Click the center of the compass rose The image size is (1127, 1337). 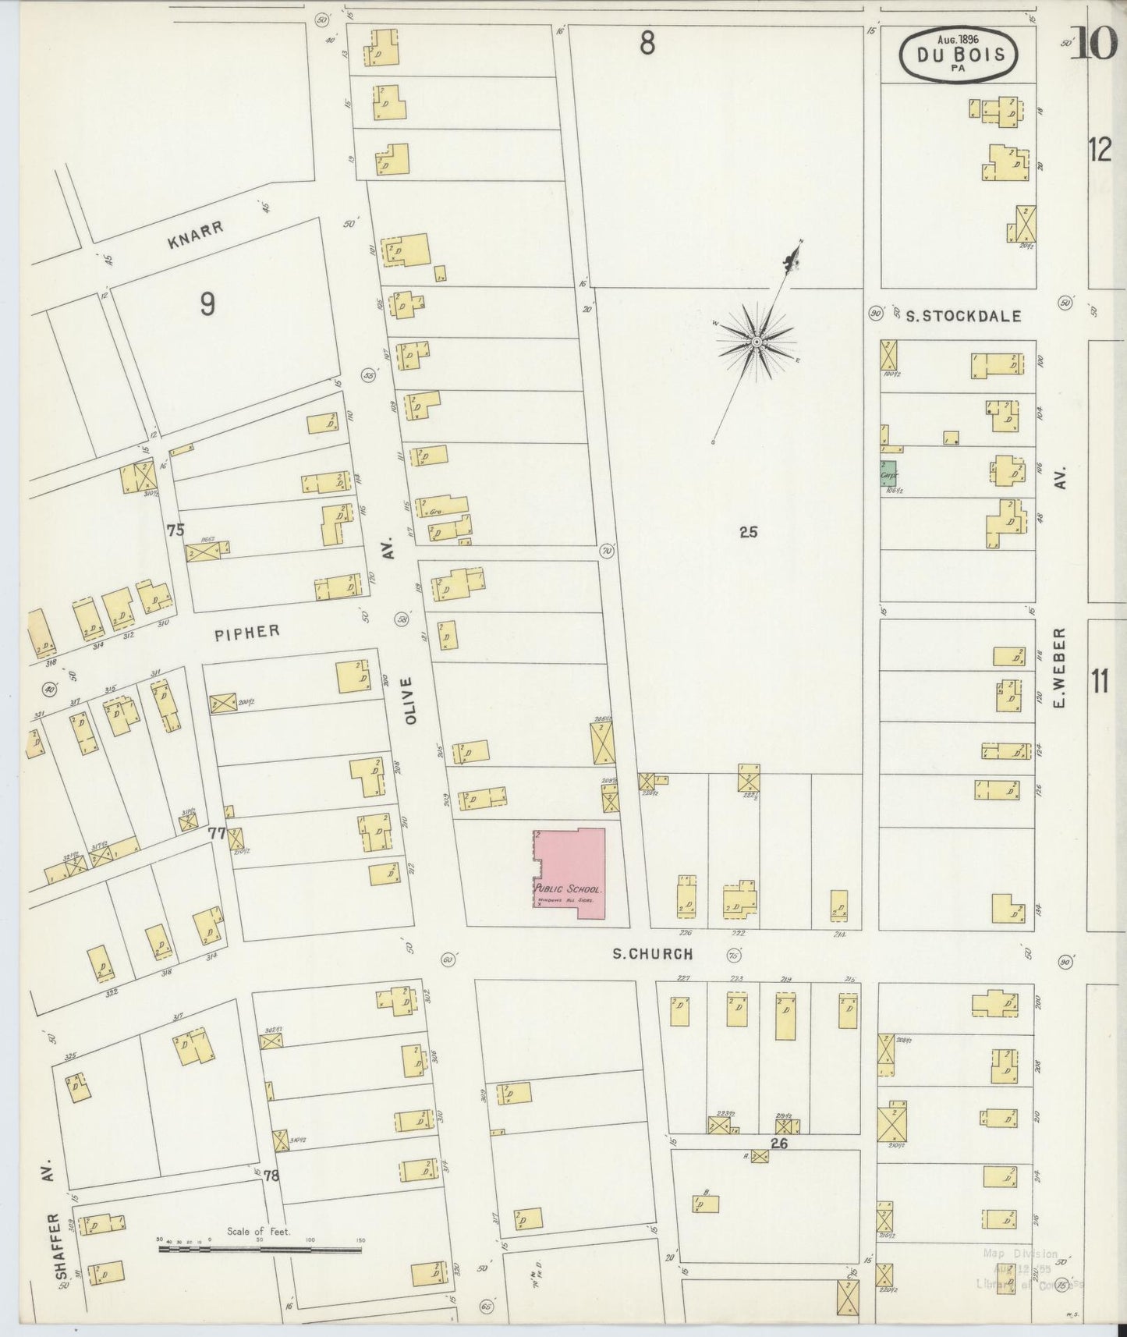pyautogui.click(x=756, y=342)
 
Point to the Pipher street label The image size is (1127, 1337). pyautogui.click(x=246, y=632)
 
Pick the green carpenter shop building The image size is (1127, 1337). pyautogui.click(x=888, y=473)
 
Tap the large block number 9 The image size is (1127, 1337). pyautogui.click(x=207, y=304)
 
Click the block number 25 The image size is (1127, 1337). pyautogui.click(x=749, y=533)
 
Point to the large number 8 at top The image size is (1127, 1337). pyautogui.click(x=647, y=44)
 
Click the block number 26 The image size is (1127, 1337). pyautogui.click(x=779, y=1144)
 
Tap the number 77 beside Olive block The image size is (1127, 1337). pyautogui.click(x=216, y=834)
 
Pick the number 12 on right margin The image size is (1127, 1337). pyautogui.click(x=1100, y=149)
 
